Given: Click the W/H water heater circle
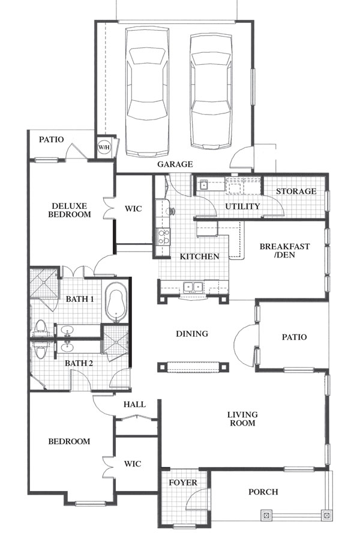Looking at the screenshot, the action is point(104,147).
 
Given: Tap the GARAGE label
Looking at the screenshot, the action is point(175,164).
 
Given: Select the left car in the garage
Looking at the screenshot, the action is point(147,92).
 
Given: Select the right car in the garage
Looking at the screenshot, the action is point(211,91).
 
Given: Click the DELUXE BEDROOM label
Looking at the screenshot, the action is point(70,210).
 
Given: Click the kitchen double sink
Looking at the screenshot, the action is point(193,288).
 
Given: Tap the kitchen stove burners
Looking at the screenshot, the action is point(164,236).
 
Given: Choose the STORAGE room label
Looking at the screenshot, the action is point(296,191).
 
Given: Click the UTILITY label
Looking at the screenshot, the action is point(243,206).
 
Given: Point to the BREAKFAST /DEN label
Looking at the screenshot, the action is point(284,250).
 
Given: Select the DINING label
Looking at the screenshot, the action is point(192,334).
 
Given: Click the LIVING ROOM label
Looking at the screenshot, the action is point(242,419).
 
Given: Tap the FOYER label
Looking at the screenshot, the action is point(183,483).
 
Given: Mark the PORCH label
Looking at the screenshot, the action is point(263,492).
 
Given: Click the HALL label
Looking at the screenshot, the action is point(134,405).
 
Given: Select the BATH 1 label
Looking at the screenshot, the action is point(80,299).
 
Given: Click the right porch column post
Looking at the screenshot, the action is point(327,516).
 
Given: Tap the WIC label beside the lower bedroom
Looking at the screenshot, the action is point(133,464).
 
